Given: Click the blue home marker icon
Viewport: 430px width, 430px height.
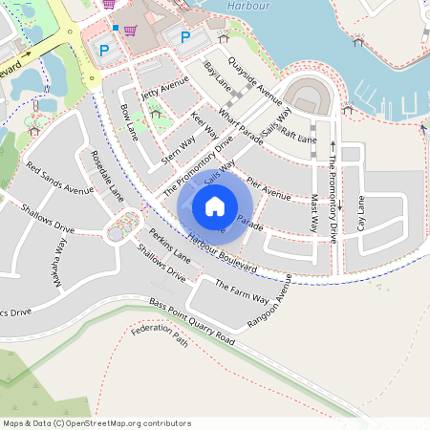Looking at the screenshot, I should (x=215, y=205).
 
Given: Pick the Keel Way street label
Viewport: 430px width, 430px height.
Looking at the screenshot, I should (x=204, y=127).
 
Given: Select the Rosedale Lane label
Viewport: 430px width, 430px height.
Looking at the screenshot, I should (x=107, y=173).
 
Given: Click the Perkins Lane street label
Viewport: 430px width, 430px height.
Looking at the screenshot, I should (x=170, y=246).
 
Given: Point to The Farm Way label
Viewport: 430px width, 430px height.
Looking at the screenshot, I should (x=242, y=292).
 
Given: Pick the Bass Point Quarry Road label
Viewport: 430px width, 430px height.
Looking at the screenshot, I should (x=191, y=321).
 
